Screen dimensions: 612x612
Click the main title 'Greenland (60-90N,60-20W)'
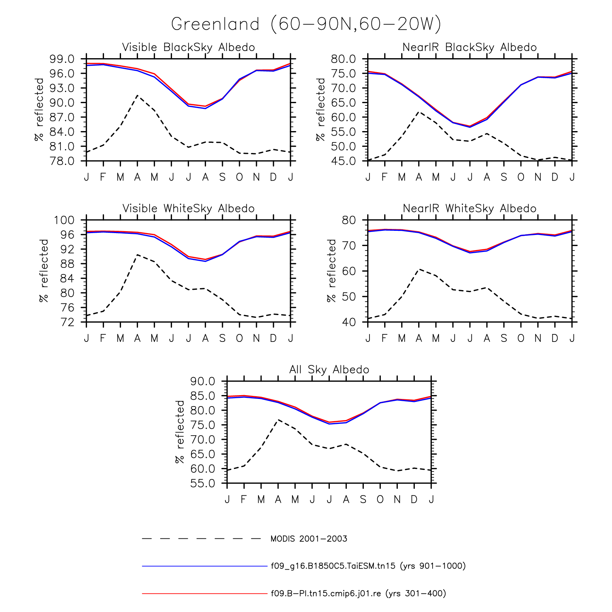click(306, 25)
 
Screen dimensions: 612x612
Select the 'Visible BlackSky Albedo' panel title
click(189, 48)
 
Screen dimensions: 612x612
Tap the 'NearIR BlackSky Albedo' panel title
click(470, 48)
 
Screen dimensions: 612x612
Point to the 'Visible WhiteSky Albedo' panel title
click(189, 209)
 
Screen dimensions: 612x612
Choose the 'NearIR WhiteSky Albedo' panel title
click(470, 209)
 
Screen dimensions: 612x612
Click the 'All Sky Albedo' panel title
click(329, 369)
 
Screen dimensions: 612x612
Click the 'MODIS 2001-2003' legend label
click(309, 539)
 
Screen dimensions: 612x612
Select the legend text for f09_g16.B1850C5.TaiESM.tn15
click(368, 566)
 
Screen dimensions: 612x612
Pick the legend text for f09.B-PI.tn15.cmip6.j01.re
click(358, 593)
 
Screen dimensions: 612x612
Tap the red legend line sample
click(204, 593)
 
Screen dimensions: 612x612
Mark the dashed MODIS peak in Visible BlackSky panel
click(138, 95)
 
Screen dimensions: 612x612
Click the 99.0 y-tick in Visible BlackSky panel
click(62, 59)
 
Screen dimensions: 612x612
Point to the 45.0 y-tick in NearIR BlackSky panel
click(343, 161)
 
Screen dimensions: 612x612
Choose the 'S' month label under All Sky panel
click(363, 499)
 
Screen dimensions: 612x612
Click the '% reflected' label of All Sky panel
click(180, 432)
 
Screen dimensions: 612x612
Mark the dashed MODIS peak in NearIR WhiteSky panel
click(419, 269)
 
